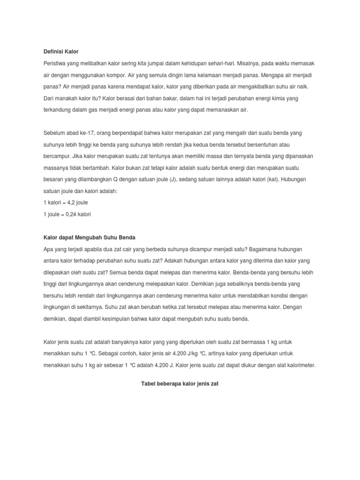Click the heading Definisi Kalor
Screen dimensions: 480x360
(61, 51)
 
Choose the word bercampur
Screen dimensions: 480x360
(57, 156)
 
